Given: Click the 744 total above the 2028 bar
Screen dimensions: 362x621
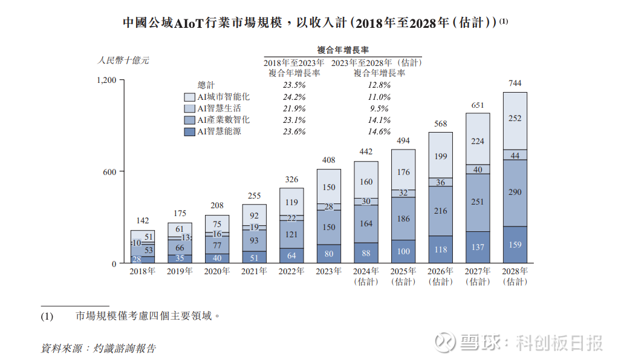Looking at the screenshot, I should point(515,83).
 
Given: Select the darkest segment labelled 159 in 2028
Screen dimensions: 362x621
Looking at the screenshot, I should point(515,245).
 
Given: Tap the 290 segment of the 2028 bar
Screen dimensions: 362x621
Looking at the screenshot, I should point(515,193).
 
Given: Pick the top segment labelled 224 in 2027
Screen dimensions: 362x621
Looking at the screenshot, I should point(478,141).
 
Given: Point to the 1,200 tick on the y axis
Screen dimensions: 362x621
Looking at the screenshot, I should point(106,79).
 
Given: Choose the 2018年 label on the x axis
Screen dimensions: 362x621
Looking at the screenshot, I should point(142,271).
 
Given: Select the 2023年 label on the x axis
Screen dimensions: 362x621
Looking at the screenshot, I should point(329,271).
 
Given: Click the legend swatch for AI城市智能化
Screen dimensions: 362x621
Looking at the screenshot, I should point(189,97).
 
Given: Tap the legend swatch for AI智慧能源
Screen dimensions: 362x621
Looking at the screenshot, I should point(189,131).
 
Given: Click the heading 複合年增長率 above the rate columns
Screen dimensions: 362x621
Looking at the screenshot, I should point(343,50).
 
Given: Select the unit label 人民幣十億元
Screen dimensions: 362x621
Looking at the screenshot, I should point(123,61).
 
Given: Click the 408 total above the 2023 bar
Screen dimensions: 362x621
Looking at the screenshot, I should point(329,160).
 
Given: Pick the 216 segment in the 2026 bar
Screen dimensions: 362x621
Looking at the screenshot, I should point(441,211).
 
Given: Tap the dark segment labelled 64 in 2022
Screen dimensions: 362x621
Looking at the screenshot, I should point(291,255).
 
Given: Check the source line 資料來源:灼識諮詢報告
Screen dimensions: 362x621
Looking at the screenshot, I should point(98,348).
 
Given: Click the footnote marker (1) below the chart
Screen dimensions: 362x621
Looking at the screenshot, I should point(47,316).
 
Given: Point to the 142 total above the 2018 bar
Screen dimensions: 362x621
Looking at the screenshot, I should point(142,221).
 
